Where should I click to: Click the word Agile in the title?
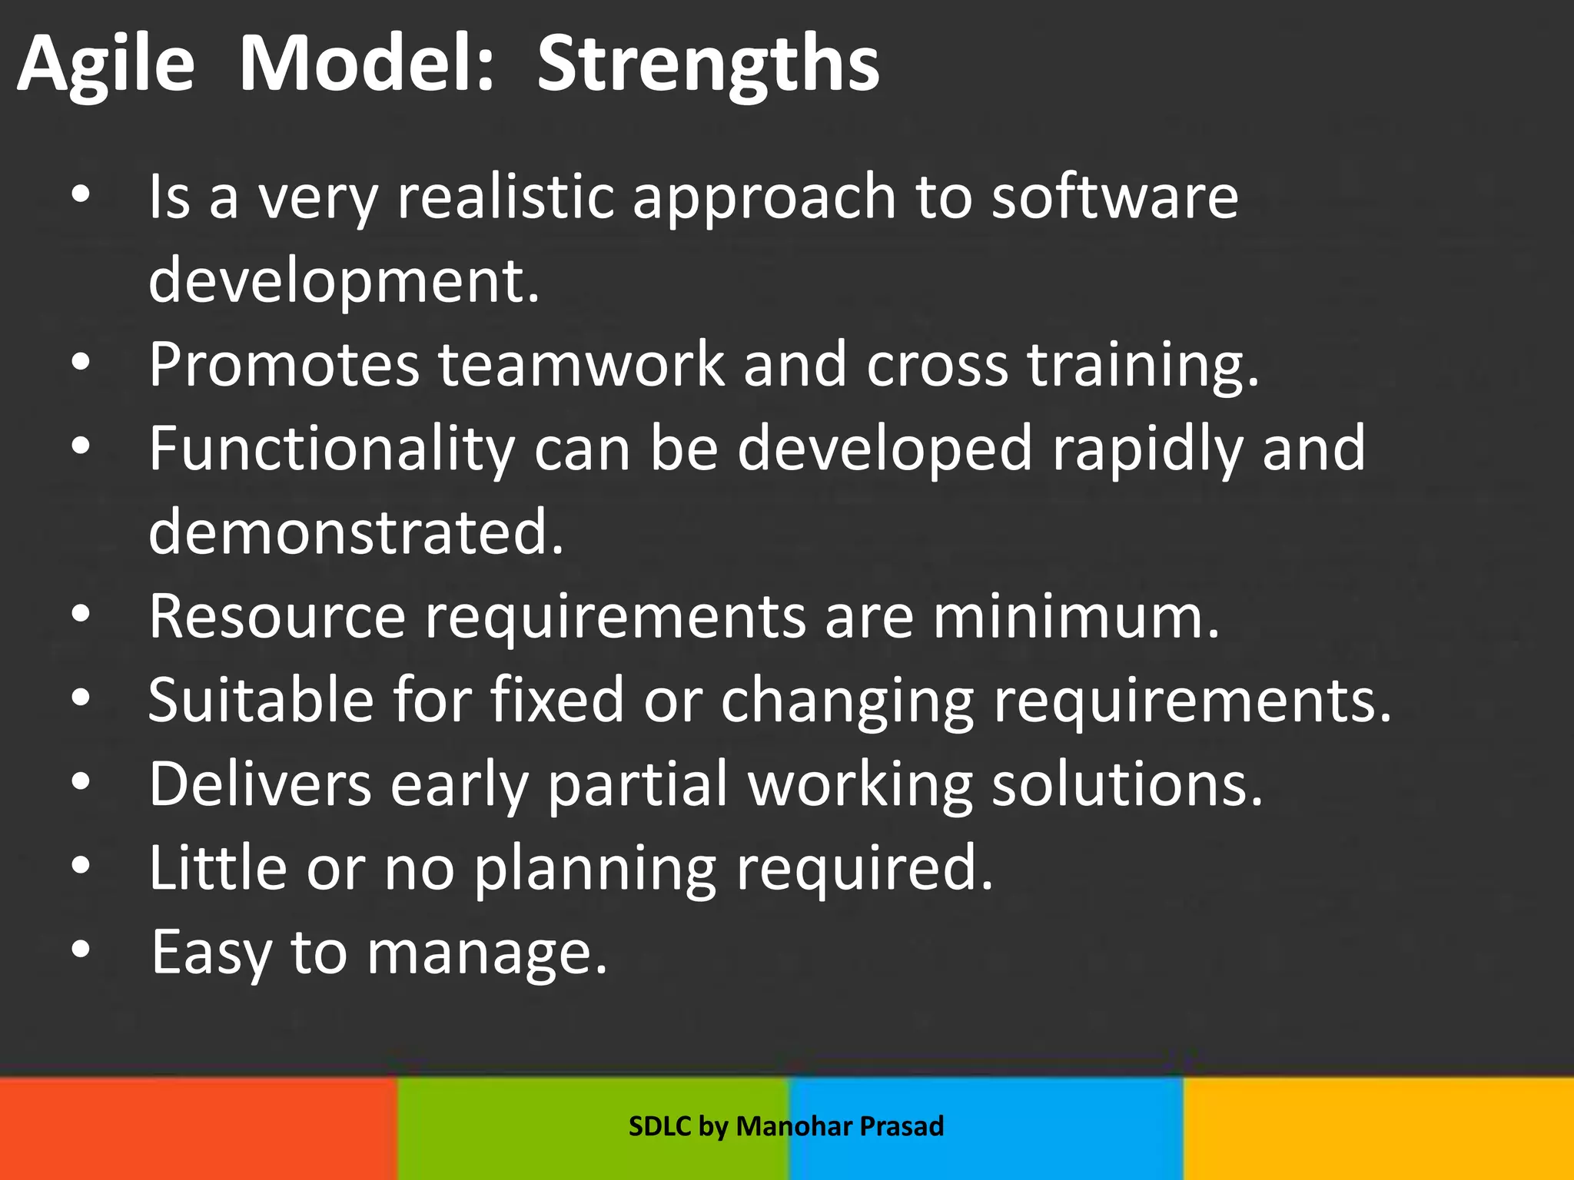tap(105, 65)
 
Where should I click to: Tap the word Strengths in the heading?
tap(707, 65)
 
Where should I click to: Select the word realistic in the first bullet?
tap(505, 197)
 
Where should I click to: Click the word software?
tap(1114, 197)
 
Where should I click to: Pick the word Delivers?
tap(261, 784)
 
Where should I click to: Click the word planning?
tap(595, 868)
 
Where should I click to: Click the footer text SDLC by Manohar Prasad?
tap(785, 1126)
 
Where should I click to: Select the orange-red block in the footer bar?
tap(198, 1128)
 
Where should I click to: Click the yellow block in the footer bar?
tap(1378, 1128)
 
